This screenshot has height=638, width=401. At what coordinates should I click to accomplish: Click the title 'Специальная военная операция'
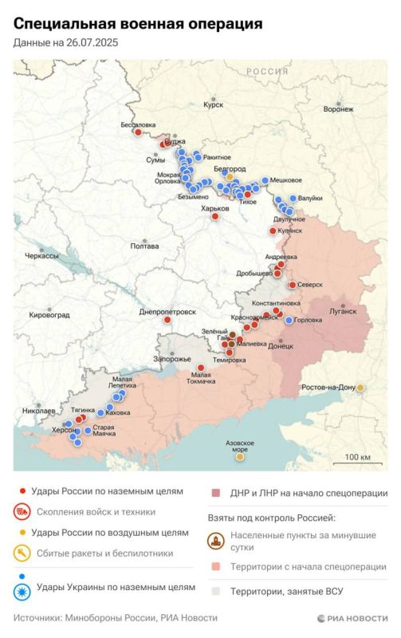coord(138,24)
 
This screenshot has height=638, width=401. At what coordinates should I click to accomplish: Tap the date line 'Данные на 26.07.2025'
coord(65,43)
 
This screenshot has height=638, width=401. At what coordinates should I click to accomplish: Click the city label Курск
coord(214,104)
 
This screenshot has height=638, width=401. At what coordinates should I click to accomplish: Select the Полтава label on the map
coord(144,246)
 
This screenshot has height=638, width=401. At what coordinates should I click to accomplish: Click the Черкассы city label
coord(42,257)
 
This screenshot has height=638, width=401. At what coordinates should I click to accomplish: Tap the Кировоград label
coord(49,315)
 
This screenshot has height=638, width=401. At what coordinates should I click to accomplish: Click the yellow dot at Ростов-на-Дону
coord(360,388)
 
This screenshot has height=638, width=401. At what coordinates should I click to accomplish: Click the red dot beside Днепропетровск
coord(167,320)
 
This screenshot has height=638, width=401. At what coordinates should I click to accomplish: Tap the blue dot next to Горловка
coord(289,320)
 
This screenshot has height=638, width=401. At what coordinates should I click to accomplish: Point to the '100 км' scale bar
coord(356,457)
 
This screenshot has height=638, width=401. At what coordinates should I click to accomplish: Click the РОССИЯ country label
coord(266,71)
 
